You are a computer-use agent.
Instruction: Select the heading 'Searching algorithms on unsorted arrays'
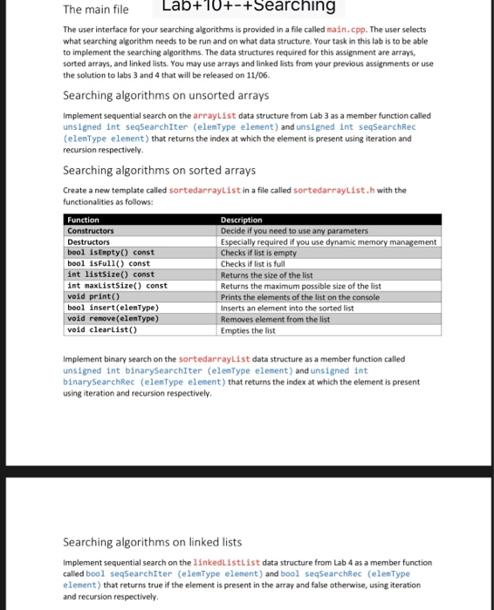click(x=166, y=95)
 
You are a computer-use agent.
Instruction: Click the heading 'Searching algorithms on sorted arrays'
click(x=160, y=170)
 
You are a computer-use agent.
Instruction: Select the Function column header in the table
click(x=84, y=220)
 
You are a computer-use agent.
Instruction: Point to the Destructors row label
click(x=92, y=241)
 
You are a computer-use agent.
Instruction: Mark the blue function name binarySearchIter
click(x=147, y=370)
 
